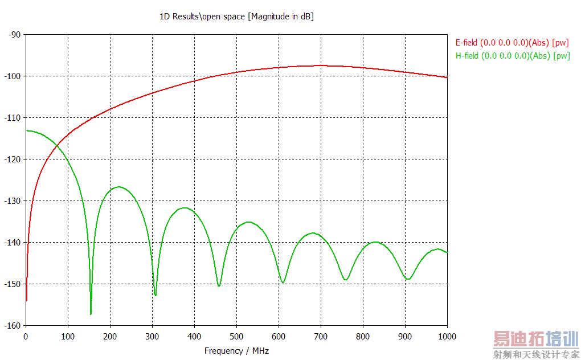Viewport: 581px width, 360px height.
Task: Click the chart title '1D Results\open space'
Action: [236, 17]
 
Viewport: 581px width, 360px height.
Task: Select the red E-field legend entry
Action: [512, 43]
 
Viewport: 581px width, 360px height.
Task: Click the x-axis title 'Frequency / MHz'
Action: [236, 351]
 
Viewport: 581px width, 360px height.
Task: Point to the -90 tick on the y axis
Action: [14, 35]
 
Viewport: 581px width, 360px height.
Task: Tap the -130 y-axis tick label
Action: [13, 201]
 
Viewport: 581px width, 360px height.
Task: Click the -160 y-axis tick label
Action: [13, 326]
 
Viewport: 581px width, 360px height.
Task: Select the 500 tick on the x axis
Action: [236, 336]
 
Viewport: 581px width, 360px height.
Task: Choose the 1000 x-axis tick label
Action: [447, 336]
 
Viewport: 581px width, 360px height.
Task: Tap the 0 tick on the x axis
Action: [26, 336]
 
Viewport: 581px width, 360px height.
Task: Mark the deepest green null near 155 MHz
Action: [91, 313]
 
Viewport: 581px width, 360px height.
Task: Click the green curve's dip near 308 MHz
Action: [156, 294]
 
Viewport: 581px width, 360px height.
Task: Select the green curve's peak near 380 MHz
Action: [186, 208]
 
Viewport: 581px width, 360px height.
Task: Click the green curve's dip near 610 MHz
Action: [283, 282]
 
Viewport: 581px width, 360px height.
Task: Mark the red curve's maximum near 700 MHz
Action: [321, 66]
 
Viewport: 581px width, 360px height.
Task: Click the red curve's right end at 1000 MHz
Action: [447, 77]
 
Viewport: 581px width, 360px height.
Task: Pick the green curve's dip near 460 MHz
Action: [219, 285]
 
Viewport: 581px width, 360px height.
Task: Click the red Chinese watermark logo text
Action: [535, 339]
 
